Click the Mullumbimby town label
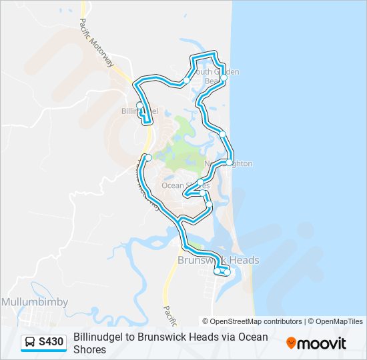pyautogui.click(x=34, y=302)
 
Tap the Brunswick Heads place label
pyautogui.click(x=218, y=260)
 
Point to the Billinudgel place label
pyautogui.click(x=139, y=111)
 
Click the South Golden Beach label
pyautogui.click(x=216, y=76)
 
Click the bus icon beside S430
pyautogui.click(x=30, y=343)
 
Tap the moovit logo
pyautogui.click(x=316, y=343)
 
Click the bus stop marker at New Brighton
pyautogui.click(x=230, y=162)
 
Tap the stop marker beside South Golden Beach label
pyautogui.click(x=224, y=78)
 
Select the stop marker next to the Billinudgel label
pyautogui.click(x=139, y=105)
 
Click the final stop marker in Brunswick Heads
pyautogui.click(x=228, y=272)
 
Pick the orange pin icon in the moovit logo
pyautogui.click(x=291, y=343)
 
